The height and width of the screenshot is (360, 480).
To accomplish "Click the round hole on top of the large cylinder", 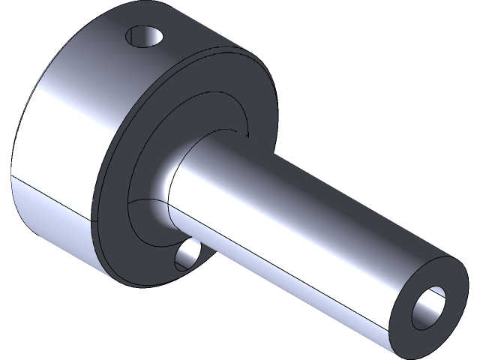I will pyautogui.click(x=145, y=35).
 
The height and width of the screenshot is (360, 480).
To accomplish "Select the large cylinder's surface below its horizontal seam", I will pyautogui.click(x=52, y=217).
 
